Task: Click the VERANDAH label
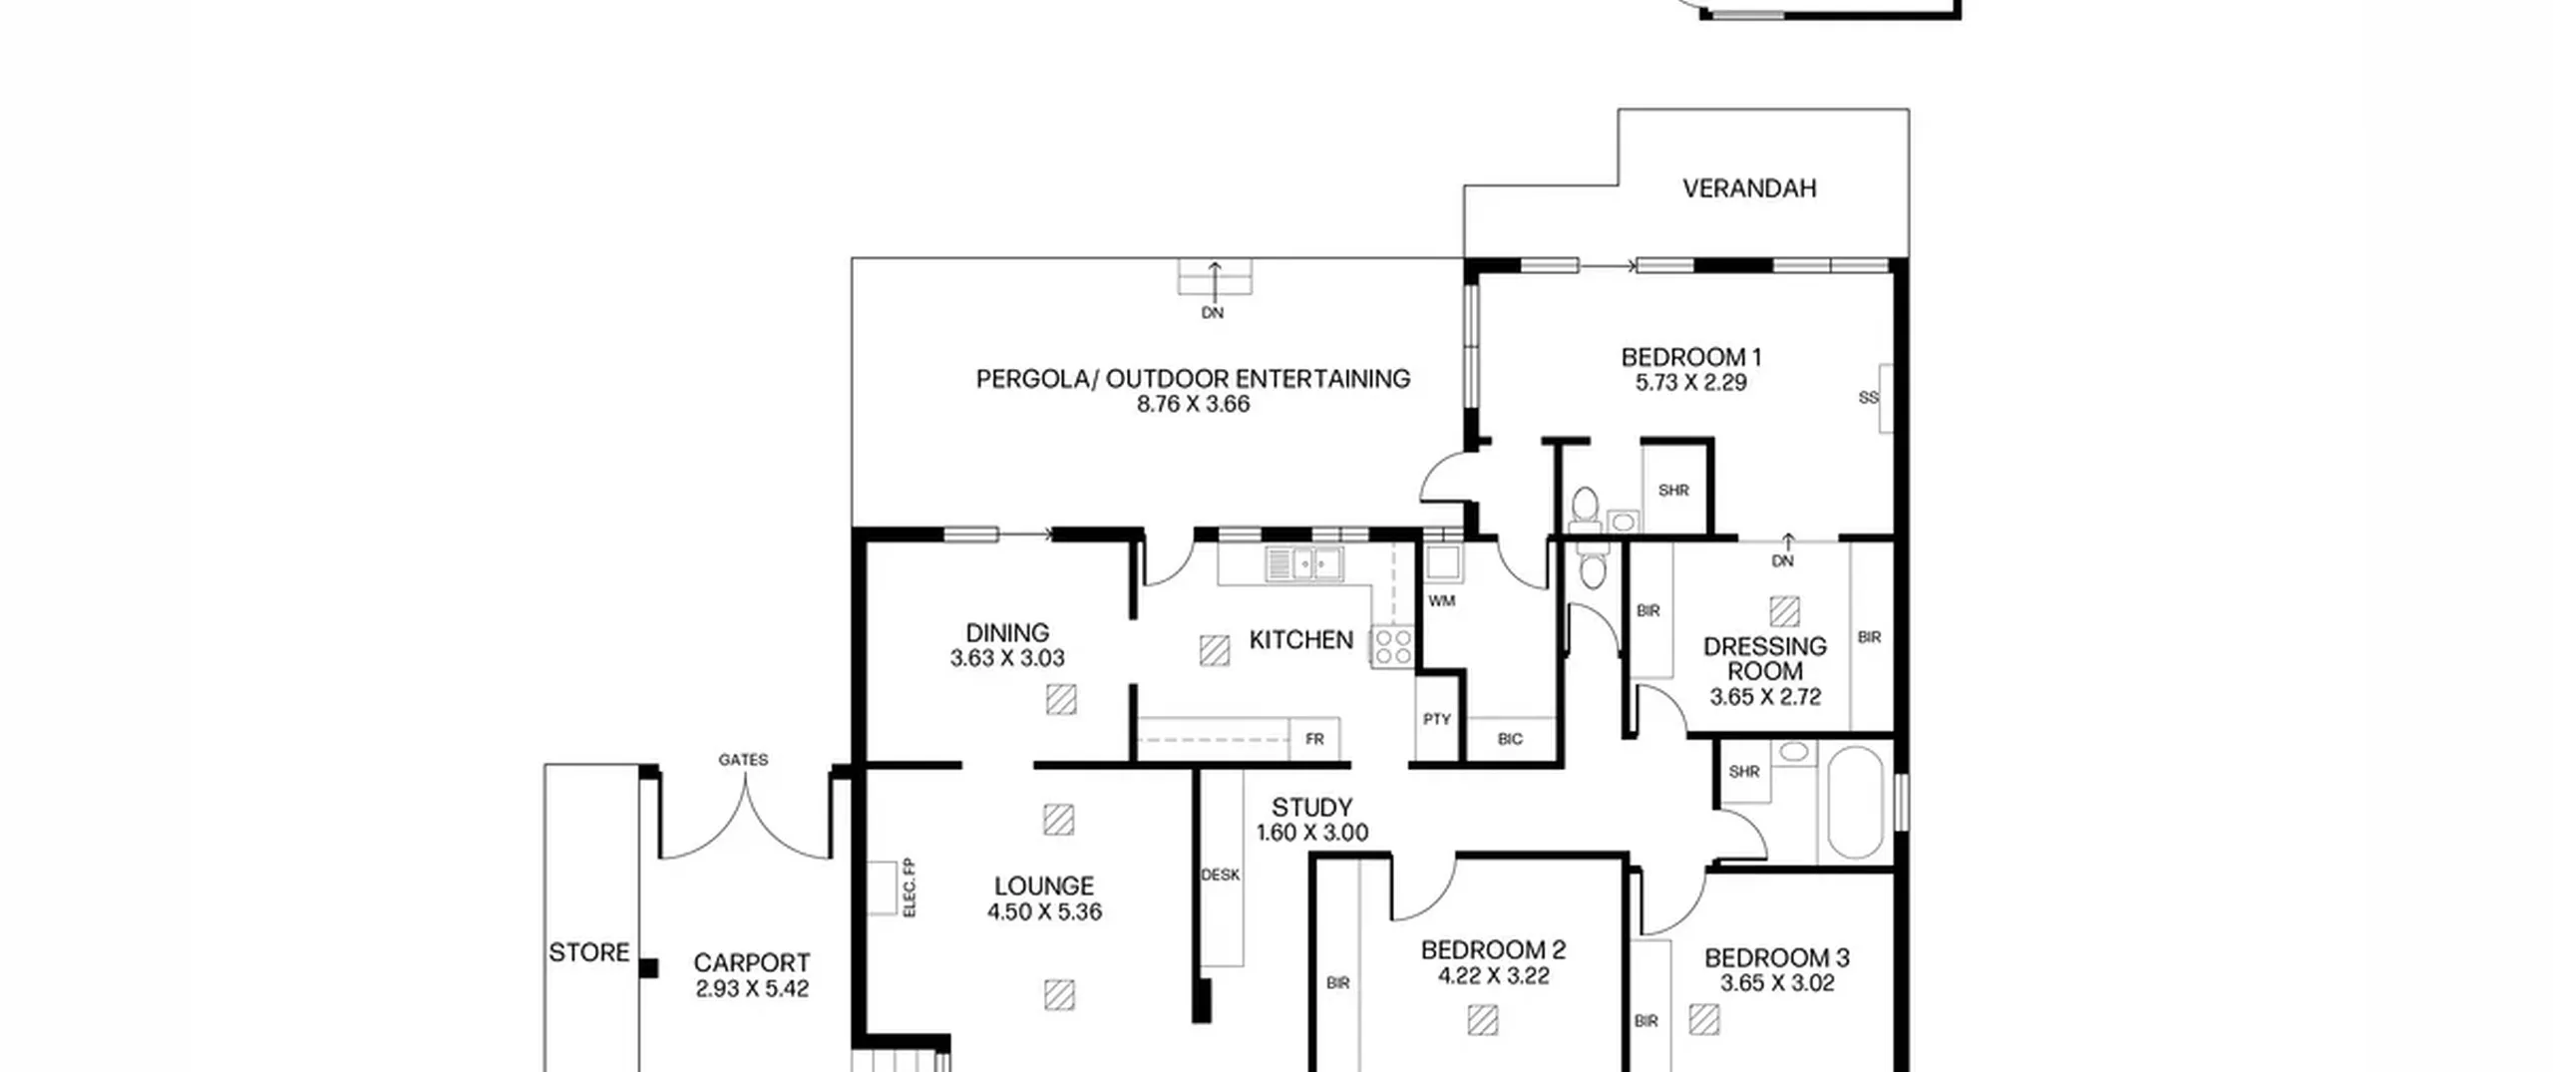tap(1749, 188)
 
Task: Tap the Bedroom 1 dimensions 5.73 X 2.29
tap(1691, 383)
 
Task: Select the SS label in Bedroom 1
tap(1869, 398)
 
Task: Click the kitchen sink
tap(1304, 564)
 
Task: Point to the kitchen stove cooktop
tap(1392, 646)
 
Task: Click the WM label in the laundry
tap(1442, 600)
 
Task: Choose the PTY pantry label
tap(1437, 719)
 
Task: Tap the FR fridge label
tap(1314, 739)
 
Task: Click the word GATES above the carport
tap(743, 760)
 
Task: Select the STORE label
tap(589, 952)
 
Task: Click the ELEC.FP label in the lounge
tap(909, 888)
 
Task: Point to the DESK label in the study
tap(1221, 875)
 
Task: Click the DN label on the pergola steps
tap(1213, 313)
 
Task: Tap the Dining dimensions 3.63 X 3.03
tap(1007, 658)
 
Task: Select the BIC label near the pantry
tap(1510, 739)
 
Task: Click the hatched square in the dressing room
tap(1784, 611)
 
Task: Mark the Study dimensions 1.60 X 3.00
tap(1312, 833)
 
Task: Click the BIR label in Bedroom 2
tap(1338, 983)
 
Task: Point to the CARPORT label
tap(752, 963)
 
